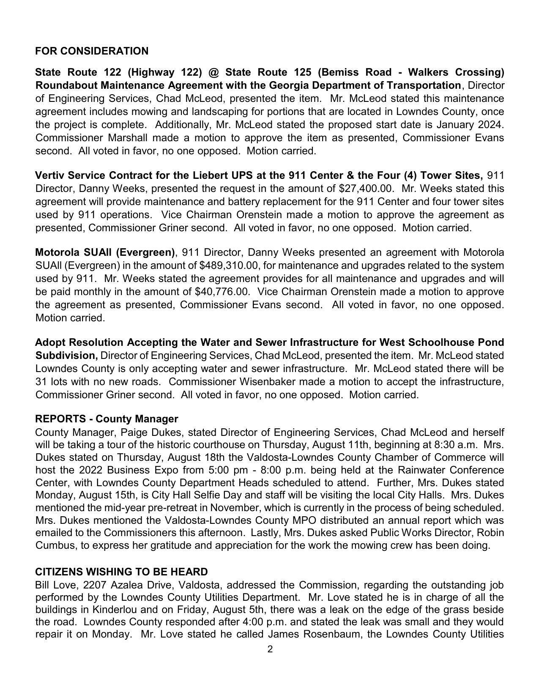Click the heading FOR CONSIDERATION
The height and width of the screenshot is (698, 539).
92,51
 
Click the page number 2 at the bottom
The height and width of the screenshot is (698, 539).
270,649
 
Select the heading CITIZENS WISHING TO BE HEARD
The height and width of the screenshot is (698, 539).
121,572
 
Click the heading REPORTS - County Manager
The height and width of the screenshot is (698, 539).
107,419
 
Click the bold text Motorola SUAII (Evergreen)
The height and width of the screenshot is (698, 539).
105,252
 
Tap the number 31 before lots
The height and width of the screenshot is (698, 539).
41,382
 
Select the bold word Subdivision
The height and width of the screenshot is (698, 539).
66,356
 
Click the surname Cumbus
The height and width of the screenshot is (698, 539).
55,545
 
